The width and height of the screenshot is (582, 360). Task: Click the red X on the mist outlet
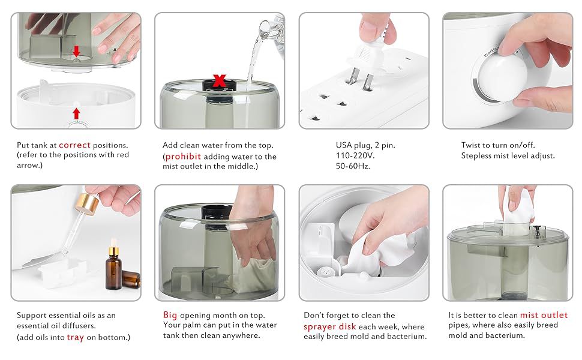(220, 80)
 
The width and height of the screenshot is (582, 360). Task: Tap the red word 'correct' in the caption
(74, 145)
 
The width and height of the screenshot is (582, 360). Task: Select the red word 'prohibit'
(183, 157)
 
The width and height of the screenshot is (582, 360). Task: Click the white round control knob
(497, 79)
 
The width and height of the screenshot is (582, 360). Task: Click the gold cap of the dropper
(86, 203)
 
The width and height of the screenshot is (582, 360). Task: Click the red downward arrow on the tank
(76, 51)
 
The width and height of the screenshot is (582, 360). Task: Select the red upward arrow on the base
(76, 113)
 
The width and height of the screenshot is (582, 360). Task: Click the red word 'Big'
(170, 315)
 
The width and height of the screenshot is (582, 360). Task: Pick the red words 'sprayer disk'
(329, 326)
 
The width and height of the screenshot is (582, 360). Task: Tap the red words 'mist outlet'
(544, 315)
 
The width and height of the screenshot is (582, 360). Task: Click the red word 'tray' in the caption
(76, 337)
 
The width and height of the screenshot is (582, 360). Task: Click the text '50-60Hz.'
(353, 166)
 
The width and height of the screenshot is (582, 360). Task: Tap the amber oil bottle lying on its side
(131, 279)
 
